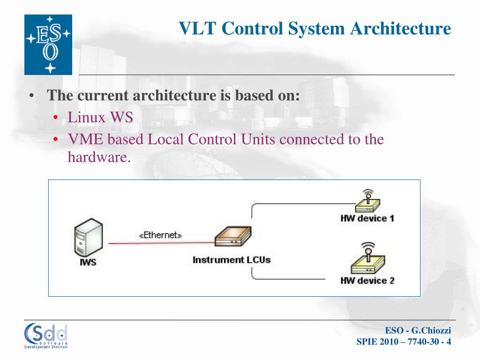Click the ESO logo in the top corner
point(48,45)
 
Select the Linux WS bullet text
point(100,117)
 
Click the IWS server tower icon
point(88,239)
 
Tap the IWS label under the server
point(88,262)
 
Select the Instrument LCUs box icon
point(233,237)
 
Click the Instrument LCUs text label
point(232,259)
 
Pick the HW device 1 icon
point(367,202)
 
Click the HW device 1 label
point(367,218)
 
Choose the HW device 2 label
point(367,281)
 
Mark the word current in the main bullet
point(103,96)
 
